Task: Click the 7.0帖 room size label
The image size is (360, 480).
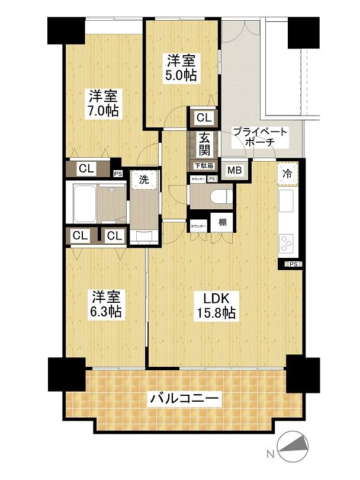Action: [x=104, y=110]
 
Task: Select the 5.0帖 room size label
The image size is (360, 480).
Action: [x=182, y=75]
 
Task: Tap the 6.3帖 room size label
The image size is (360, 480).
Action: [x=107, y=311]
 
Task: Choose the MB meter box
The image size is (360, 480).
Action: [x=234, y=170]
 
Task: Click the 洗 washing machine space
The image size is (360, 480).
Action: [x=144, y=178]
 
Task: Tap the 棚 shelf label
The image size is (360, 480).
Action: [x=221, y=222]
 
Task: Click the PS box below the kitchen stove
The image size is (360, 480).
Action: [x=292, y=264]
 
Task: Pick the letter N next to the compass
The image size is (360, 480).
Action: [x=269, y=455]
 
